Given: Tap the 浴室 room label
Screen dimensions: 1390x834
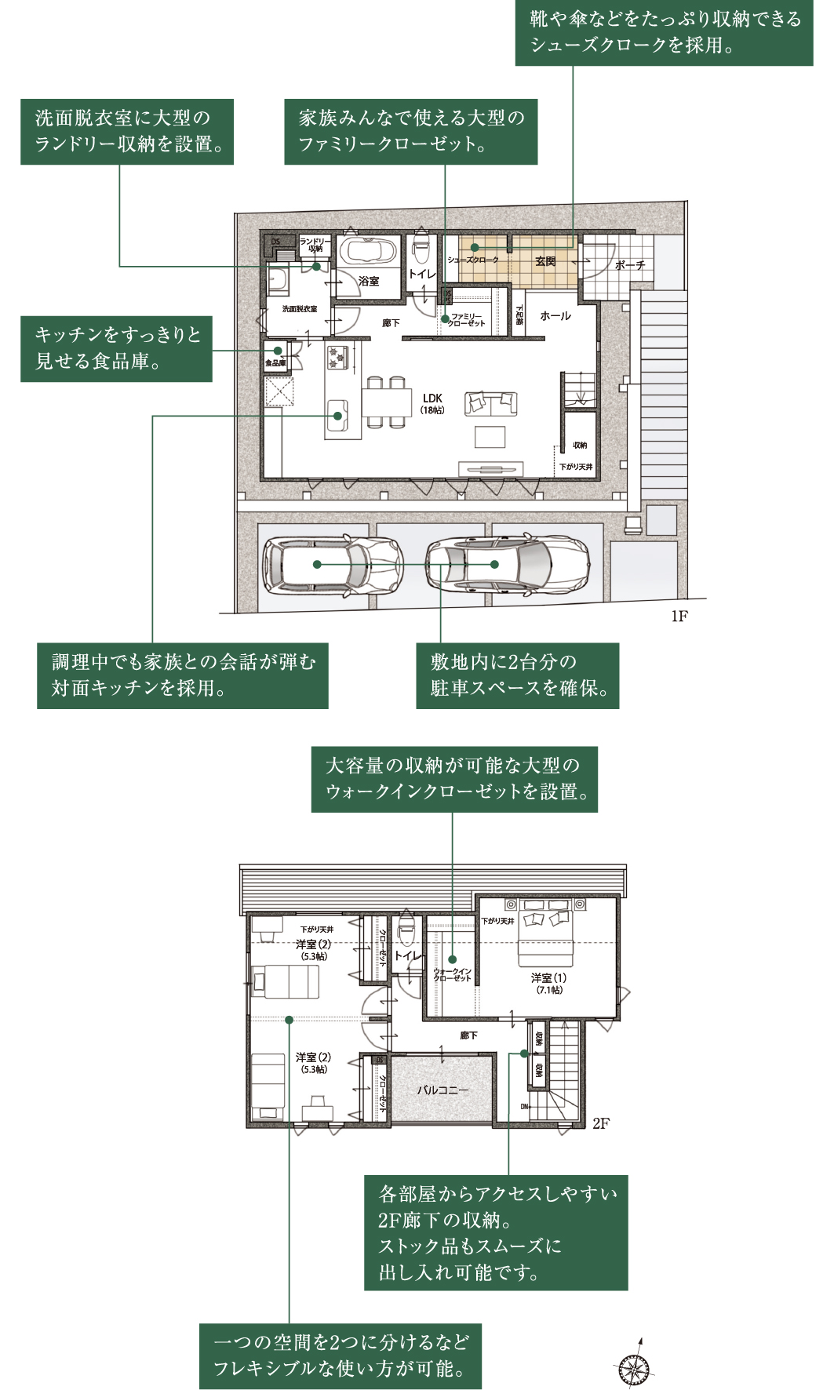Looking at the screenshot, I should (369, 281).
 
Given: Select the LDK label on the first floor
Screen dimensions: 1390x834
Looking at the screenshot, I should (432, 399).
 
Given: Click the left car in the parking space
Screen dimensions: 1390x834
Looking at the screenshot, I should (333, 565).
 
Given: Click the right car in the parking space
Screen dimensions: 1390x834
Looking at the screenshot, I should (507, 565).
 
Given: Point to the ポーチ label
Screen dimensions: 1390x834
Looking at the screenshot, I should (630, 265).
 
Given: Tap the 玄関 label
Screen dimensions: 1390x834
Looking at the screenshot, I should (545, 261).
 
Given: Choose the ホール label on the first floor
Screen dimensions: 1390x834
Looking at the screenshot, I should (555, 316).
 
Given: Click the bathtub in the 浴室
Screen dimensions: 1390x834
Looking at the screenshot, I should (369, 253).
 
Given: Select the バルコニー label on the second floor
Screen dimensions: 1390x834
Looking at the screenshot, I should (442, 1090).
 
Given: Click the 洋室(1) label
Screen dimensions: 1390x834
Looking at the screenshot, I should (548, 978).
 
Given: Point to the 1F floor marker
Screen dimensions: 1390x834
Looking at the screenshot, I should (679, 617).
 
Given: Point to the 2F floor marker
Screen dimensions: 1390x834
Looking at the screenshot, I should (601, 1124).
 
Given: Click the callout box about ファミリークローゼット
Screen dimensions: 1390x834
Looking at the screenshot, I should (410, 131).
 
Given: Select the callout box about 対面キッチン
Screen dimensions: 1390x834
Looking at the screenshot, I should (182, 675).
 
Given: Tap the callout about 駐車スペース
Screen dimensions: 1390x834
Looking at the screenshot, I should (517, 675).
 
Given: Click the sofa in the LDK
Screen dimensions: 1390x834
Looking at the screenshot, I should (491, 403).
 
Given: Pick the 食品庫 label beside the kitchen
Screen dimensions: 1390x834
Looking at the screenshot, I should (275, 363).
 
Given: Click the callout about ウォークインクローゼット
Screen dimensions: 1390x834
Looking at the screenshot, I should (454, 779).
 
